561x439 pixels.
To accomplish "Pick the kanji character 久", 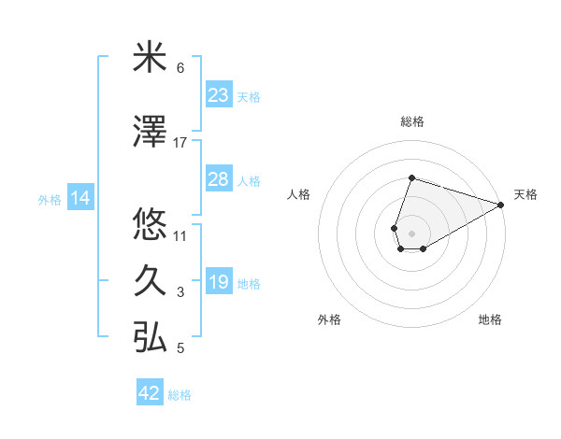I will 150,281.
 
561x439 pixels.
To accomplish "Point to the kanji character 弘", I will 150,337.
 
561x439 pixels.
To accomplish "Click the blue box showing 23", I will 219,95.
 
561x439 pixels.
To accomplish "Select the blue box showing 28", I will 219,179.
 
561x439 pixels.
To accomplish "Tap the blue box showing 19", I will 219,282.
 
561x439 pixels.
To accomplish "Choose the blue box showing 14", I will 80,198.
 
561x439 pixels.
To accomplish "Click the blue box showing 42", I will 150,393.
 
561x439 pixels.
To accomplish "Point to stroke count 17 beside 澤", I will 180,143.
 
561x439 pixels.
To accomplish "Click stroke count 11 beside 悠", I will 180,235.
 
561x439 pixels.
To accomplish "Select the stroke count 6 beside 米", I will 180,68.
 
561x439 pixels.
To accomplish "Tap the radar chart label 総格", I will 411,121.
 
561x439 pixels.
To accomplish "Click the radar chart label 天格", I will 525,194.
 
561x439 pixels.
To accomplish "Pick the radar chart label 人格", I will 299,194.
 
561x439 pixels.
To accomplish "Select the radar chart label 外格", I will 329,319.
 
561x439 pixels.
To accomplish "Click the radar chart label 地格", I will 490,319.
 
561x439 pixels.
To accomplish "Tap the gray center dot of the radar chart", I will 411,231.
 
